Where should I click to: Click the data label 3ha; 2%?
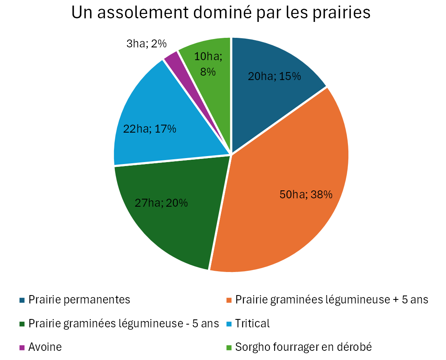[x=147, y=44]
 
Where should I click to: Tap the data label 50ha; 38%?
[x=306, y=195]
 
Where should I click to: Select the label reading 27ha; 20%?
[x=161, y=203]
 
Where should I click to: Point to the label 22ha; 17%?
[x=149, y=129]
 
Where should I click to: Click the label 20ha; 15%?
[x=275, y=76]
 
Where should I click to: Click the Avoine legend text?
[x=45, y=347]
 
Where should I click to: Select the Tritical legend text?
[x=252, y=323]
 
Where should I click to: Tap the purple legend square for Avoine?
[x=22, y=348]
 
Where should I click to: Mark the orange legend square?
[x=229, y=300]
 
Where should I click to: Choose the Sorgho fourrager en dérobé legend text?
[x=303, y=347]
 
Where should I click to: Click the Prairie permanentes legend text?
[x=79, y=300]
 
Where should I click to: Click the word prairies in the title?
[x=342, y=13]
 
